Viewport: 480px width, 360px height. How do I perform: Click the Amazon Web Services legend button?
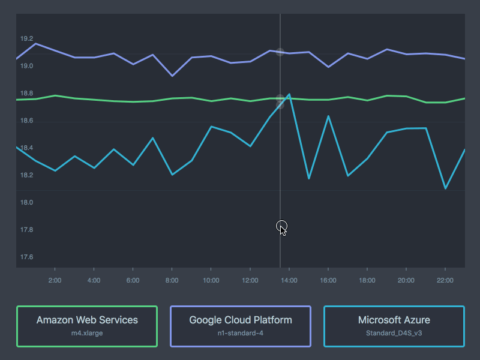[87, 326]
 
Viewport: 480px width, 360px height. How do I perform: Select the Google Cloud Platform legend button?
[241, 326]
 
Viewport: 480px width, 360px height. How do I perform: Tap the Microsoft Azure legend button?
[394, 326]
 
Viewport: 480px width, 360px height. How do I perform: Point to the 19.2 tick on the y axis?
[26, 39]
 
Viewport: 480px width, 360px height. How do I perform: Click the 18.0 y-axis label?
[26, 203]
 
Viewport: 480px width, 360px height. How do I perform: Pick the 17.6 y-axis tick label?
[26, 257]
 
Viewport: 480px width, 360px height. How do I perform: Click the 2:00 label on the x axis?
[55, 280]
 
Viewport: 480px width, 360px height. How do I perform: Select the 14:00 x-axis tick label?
[289, 280]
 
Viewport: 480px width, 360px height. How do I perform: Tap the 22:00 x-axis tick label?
[445, 280]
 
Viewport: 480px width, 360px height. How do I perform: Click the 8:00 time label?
[172, 280]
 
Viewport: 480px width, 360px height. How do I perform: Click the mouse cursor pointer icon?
[282, 228]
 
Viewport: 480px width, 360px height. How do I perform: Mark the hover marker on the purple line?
[280, 52]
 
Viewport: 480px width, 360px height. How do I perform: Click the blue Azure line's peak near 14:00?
[289, 94]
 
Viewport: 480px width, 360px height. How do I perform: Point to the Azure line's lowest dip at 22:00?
[445, 188]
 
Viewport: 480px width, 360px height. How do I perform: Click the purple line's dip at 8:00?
[172, 76]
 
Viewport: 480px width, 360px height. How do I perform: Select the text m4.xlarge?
[87, 333]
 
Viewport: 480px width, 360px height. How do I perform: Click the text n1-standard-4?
[241, 333]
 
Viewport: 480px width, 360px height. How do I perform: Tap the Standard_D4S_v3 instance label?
[394, 333]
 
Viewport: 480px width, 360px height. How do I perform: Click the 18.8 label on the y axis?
[26, 94]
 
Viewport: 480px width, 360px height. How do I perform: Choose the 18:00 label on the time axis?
[367, 280]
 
